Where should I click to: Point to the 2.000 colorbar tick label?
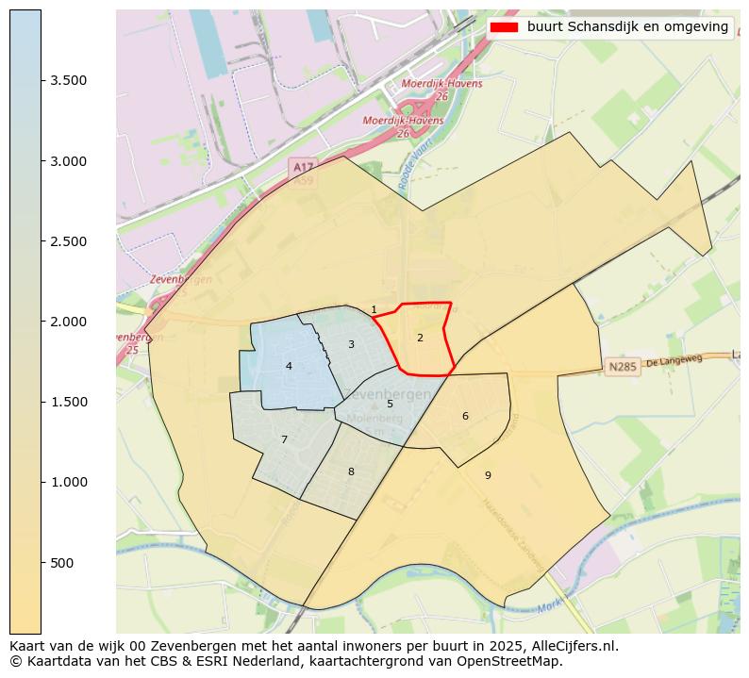pos(69,322)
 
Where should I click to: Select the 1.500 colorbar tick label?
pos(69,403)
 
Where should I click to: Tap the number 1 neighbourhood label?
pos(374,310)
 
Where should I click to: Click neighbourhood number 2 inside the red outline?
pos(420,338)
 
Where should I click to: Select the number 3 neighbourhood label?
pos(351,345)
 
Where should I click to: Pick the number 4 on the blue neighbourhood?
pos(289,367)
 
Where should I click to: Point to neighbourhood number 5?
pos(390,405)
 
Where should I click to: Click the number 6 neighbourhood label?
pos(465,416)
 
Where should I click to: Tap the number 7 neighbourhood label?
pos(284,440)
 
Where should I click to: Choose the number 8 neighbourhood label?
pos(351,472)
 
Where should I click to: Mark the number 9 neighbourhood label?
pos(488,476)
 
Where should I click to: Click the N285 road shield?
pos(623,367)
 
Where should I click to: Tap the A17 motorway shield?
pos(302,167)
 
